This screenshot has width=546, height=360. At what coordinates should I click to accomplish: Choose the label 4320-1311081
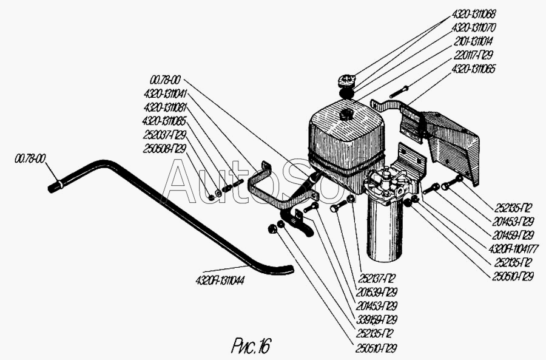[x=164, y=107]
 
